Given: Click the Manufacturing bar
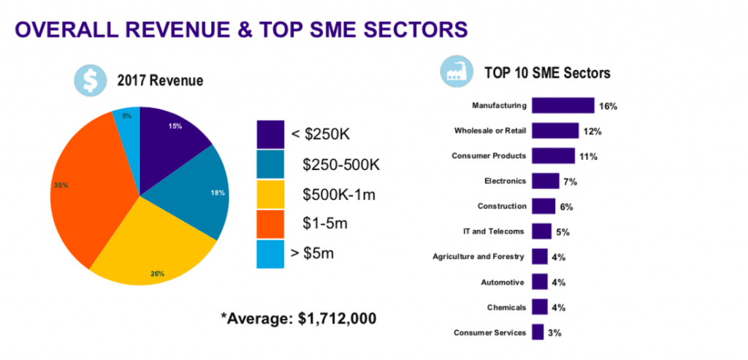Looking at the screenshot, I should tap(562, 105).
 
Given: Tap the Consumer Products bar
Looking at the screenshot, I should tap(553, 156).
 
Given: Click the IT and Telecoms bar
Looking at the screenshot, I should tap(541, 231).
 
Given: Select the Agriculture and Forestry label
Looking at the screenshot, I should tap(479, 257).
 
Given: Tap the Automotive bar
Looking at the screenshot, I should tap(540, 282).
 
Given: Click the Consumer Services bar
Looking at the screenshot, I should tap(538, 332).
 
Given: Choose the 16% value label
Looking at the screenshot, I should tap(608, 106).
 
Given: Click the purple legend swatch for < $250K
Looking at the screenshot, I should tap(270, 134).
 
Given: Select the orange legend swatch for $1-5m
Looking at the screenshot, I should tap(270, 223).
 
